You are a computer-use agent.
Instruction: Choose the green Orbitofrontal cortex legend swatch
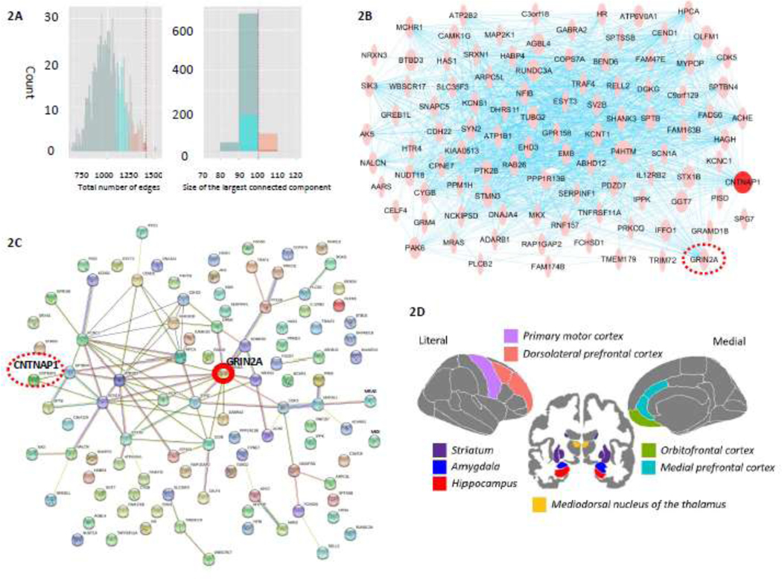click(x=649, y=451)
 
